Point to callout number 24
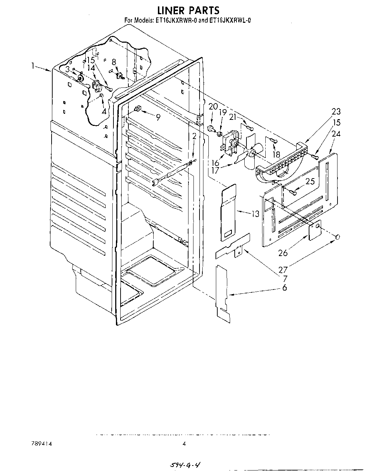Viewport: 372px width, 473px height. (336, 134)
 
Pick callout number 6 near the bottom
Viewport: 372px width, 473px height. (284, 288)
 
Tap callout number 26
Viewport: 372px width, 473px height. (283, 253)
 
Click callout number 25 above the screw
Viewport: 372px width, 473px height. (310, 182)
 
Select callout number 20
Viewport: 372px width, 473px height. (213, 106)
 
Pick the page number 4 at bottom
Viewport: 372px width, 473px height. (184, 443)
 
